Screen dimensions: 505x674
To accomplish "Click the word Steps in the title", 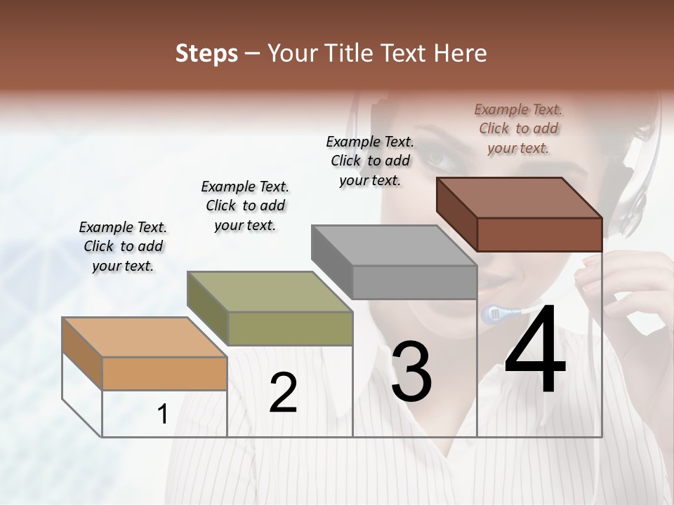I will (206, 53).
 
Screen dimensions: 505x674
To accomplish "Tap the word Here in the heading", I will (461, 53).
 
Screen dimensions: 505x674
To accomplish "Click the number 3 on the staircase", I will (411, 371).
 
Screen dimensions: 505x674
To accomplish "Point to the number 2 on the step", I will (284, 393).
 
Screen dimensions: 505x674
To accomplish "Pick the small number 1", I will (163, 414).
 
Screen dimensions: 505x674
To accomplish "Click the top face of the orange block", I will (144, 337).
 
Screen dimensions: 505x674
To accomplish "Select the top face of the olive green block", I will (269, 292).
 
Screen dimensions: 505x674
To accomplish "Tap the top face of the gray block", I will (394, 245).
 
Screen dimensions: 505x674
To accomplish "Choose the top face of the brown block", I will (519, 198).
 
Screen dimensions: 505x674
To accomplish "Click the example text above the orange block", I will (123, 247).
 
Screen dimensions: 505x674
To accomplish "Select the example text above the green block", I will (245, 206).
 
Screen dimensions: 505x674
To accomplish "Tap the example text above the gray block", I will (370, 161).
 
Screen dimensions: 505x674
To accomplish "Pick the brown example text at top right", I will (518, 128).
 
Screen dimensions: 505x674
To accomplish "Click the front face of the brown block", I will (539, 234).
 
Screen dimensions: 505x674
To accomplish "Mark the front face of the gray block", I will (414, 282).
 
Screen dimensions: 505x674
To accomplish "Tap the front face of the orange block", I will (164, 373).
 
